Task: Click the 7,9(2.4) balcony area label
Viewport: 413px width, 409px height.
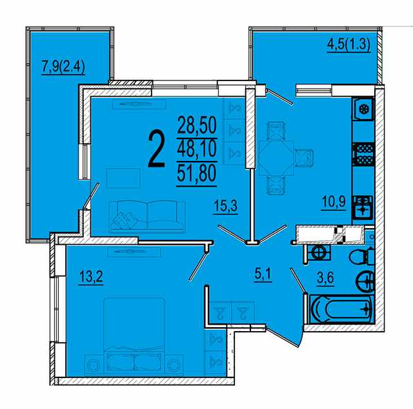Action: click(x=63, y=67)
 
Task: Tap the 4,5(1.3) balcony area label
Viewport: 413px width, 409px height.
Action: click(x=348, y=45)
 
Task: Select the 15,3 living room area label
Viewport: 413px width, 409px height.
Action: click(x=226, y=206)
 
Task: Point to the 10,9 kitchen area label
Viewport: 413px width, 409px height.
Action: click(x=334, y=203)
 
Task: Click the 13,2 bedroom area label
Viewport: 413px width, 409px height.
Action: click(x=91, y=277)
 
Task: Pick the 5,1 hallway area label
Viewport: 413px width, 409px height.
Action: click(x=263, y=275)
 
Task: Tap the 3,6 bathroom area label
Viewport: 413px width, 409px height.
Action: click(x=325, y=278)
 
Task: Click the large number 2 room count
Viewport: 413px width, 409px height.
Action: click(x=157, y=149)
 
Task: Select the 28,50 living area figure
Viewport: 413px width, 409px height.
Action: click(x=197, y=125)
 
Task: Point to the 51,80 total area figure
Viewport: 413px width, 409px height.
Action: click(x=197, y=173)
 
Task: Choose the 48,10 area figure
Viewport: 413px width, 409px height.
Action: click(x=197, y=149)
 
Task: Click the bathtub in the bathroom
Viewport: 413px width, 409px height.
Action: click(x=341, y=309)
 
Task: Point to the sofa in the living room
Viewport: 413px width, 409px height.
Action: click(x=148, y=216)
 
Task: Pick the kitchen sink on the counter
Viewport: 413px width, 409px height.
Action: click(x=363, y=207)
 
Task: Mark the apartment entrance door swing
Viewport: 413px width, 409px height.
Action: click(x=285, y=338)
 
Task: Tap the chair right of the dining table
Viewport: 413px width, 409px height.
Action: click(x=304, y=158)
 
